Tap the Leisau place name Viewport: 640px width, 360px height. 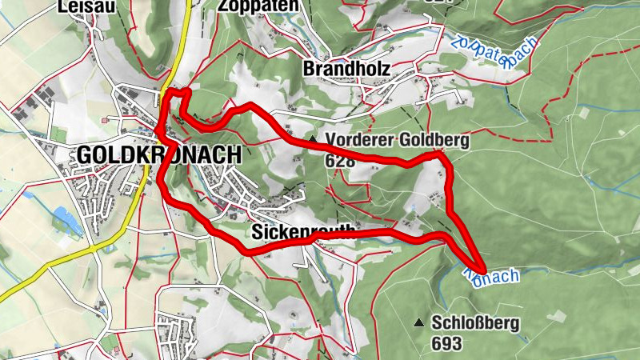tap(82, 6)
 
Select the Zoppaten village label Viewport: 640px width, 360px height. tap(258, 6)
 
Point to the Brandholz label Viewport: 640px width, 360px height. tap(346, 70)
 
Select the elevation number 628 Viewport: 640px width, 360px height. tap(339, 160)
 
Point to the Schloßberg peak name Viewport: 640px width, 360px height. tap(475, 324)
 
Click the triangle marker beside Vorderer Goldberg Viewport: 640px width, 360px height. tap(312, 140)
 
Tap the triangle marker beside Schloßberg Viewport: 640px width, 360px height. tap(418, 323)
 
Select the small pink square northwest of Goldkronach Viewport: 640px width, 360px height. tap(105, 120)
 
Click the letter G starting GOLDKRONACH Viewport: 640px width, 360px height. tap(85, 155)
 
